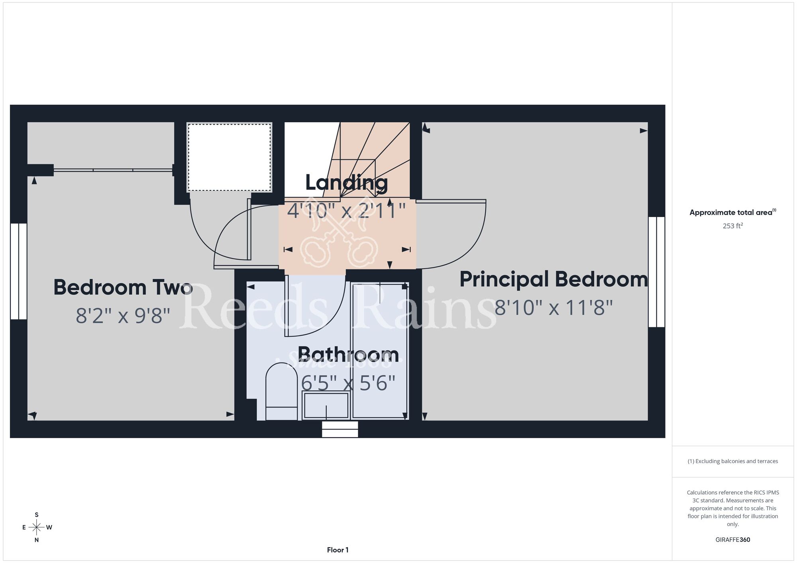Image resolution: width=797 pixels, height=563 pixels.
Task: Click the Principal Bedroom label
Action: [x=554, y=279]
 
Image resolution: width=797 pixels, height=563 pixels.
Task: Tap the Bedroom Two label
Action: [x=123, y=287]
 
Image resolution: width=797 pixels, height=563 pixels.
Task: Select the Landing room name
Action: [x=346, y=183]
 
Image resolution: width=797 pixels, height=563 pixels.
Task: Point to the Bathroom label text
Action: [x=348, y=354]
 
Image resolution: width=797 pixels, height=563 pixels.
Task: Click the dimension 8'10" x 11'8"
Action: [x=554, y=308]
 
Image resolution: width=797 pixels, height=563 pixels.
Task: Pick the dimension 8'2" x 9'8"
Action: [x=123, y=316]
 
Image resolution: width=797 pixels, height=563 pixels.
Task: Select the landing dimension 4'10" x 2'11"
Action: [x=346, y=211]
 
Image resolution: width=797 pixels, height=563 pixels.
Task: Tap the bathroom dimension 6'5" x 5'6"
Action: [x=348, y=383]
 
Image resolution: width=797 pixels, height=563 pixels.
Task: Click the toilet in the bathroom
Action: [x=281, y=391]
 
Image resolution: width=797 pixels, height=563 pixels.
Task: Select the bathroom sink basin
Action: [x=326, y=405]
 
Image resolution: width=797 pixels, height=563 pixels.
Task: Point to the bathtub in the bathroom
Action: [x=379, y=351]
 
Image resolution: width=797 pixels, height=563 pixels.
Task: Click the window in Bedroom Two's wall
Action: [x=18, y=271]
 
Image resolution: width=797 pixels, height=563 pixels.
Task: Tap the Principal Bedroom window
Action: [x=656, y=272]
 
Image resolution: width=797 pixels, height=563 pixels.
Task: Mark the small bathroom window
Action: [x=340, y=429]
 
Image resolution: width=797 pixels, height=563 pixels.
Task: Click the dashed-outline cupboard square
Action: [x=230, y=158]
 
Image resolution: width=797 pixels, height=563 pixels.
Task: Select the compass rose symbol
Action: [x=37, y=528]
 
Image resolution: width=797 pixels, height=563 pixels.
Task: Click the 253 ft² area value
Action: [x=733, y=226]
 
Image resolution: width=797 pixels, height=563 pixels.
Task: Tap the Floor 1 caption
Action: [x=338, y=550]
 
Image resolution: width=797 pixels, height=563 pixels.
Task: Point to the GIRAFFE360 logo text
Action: [x=733, y=540]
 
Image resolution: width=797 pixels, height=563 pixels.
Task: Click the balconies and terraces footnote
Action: [x=733, y=461]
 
